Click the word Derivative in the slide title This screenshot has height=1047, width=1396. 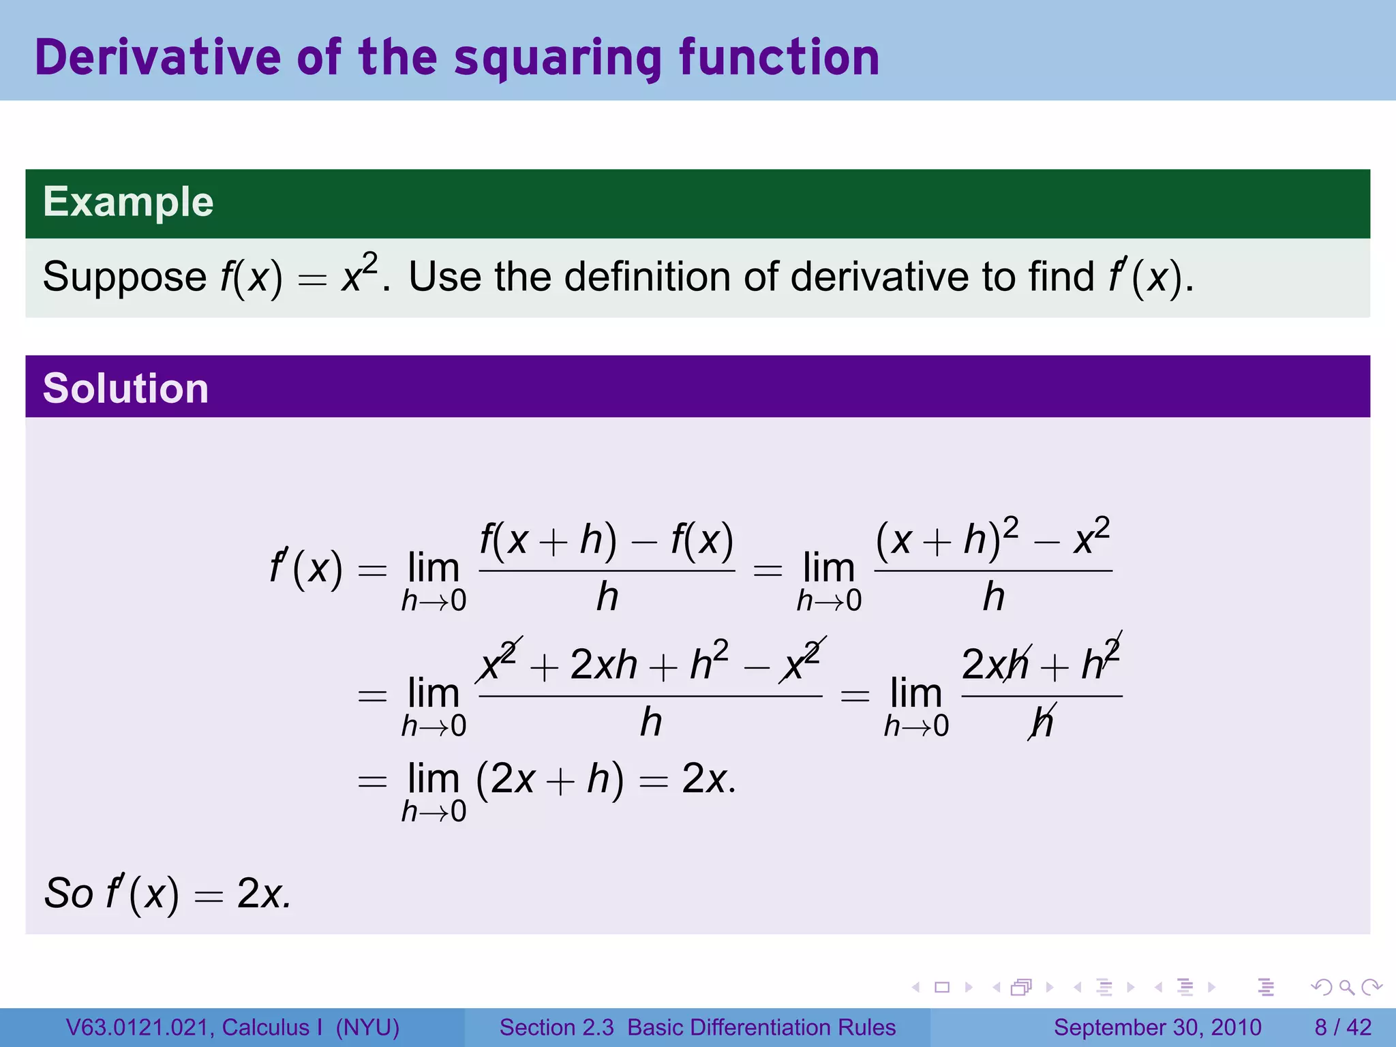click(x=157, y=57)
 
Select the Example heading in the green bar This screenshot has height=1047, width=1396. click(x=128, y=202)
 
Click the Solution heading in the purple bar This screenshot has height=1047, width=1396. click(x=125, y=389)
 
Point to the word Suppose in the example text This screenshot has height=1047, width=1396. click(x=124, y=277)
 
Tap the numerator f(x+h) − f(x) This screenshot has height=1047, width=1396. click(x=606, y=540)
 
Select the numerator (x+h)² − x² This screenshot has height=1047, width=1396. click(x=992, y=538)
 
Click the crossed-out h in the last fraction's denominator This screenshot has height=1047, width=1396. click(x=1042, y=723)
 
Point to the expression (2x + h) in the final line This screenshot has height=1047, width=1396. click(x=549, y=778)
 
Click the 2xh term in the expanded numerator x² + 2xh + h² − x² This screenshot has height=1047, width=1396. click(x=603, y=665)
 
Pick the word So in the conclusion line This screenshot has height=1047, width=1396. click(x=68, y=893)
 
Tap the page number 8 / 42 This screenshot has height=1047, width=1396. click(x=1342, y=1027)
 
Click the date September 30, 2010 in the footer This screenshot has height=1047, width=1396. click(x=1157, y=1027)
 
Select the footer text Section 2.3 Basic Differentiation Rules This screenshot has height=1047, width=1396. click(x=697, y=1027)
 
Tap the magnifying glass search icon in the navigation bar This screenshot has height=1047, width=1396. click(x=1346, y=987)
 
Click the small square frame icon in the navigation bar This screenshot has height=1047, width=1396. click(x=942, y=987)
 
